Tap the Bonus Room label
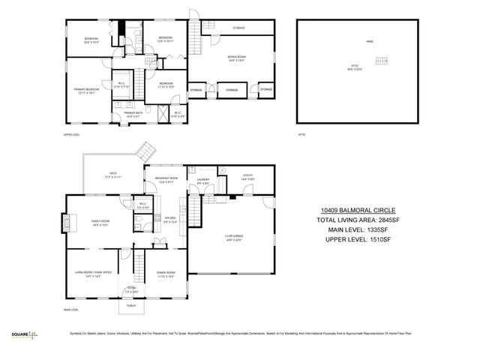[236, 58]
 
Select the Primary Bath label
[123, 115]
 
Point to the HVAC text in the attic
[369, 42]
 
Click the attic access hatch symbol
[384, 61]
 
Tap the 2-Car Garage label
[234, 238]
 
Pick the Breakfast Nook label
[165, 180]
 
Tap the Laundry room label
[202, 181]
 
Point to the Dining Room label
[166, 274]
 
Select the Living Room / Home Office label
[93, 274]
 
